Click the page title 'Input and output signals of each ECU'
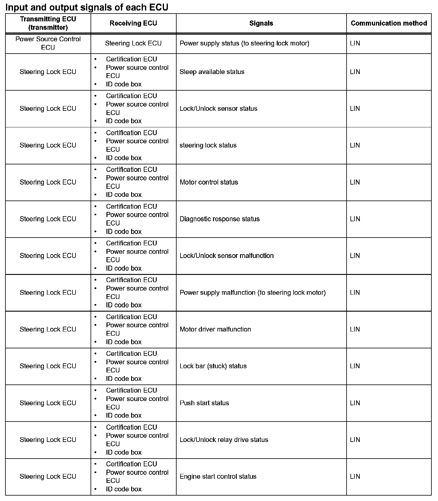tap(87, 7)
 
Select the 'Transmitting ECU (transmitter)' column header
tap(48, 23)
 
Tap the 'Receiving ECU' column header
tap(133, 23)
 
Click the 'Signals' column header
tap(261, 23)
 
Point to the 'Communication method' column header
tap(389, 23)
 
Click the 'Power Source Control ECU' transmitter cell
tap(48, 43)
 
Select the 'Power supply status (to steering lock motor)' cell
tap(244, 43)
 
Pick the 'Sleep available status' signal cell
tap(212, 72)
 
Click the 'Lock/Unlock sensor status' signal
tap(218, 108)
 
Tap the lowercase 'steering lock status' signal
tap(208, 145)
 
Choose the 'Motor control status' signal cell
tap(209, 182)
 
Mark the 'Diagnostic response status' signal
tap(220, 219)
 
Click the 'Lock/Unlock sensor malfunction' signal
tap(227, 256)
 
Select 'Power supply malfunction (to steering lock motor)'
tap(252, 292)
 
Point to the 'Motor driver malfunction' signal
tap(215, 329)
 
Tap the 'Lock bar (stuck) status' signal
tap(213, 366)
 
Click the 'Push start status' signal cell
tap(204, 403)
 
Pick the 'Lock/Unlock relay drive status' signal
tap(224, 440)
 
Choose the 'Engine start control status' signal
tap(218, 476)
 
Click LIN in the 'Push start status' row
tap(355, 403)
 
